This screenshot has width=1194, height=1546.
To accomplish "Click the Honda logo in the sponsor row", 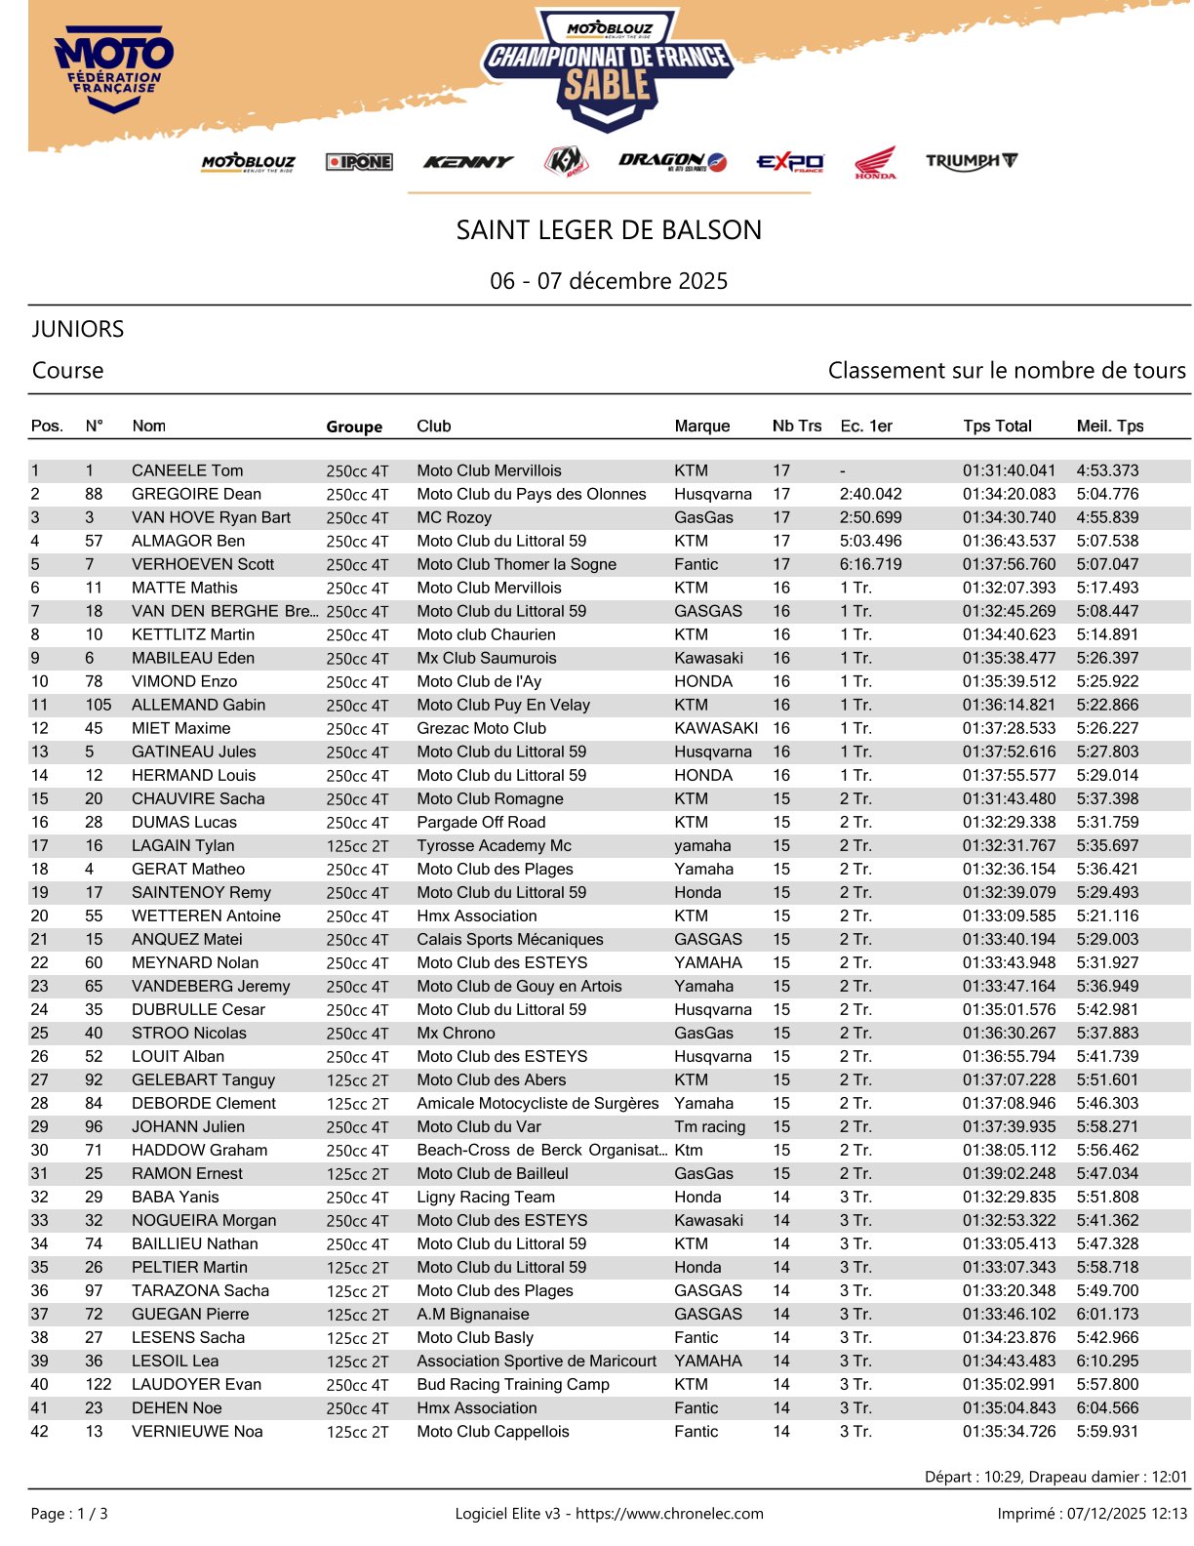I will click(x=875, y=162).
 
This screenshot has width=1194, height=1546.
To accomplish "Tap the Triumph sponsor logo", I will click(x=971, y=161).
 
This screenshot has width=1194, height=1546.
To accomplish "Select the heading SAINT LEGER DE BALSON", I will click(x=609, y=230).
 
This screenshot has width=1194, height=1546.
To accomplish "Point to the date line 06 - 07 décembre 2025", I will click(x=609, y=281).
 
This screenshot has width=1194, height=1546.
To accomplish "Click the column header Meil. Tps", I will click(x=1110, y=426).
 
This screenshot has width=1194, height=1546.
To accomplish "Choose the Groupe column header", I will click(x=354, y=427).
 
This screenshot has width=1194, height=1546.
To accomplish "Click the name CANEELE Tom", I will click(x=187, y=470).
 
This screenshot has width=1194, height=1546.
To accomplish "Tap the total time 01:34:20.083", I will click(x=1009, y=494).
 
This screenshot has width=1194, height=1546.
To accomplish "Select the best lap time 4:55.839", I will click(x=1107, y=517).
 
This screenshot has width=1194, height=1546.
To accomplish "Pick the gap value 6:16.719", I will click(x=870, y=564).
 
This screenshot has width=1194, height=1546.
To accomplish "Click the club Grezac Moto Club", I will click(x=481, y=728).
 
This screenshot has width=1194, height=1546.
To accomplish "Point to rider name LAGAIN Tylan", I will click(x=183, y=845).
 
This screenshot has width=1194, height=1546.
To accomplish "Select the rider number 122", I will click(x=99, y=1384).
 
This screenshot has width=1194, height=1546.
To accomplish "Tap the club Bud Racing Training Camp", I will click(x=513, y=1384).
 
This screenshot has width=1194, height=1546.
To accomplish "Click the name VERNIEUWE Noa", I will click(x=197, y=1431).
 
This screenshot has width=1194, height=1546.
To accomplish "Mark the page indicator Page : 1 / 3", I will click(x=69, y=1514).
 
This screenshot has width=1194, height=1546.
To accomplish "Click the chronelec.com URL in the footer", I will click(x=669, y=1514).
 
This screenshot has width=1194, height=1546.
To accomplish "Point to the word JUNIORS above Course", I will click(x=78, y=329).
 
